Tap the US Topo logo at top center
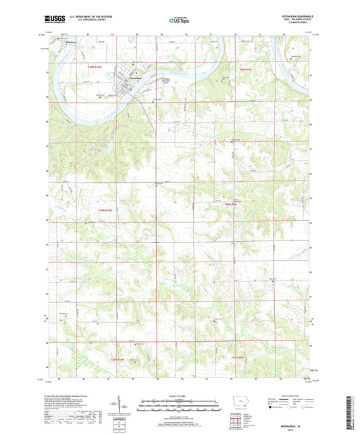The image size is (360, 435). [180, 21]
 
